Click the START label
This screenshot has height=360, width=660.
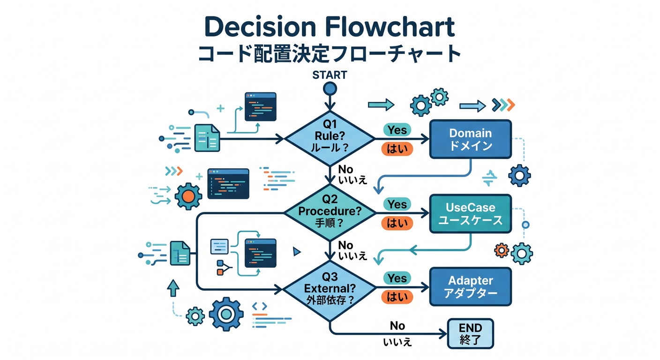tap(330, 75)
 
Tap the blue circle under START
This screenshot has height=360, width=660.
tap(330, 89)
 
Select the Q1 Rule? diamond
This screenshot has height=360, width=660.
tap(330, 138)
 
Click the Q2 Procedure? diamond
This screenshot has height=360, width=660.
tap(330, 213)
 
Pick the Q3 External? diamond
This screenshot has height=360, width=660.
tap(330, 290)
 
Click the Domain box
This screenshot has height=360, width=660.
tap(471, 139)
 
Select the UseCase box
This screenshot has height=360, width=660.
tap(471, 214)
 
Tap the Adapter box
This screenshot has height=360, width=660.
tap(471, 287)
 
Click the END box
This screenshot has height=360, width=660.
tap(470, 333)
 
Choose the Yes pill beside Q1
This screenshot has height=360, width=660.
tap(397, 130)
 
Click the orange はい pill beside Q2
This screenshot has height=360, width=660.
tap(397, 223)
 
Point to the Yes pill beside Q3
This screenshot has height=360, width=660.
tap(397, 278)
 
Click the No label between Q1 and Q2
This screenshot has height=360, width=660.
tap(345, 169)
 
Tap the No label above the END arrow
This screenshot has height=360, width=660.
tap(397, 326)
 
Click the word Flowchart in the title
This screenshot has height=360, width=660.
tap(390, 27)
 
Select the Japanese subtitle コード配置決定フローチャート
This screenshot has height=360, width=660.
tap(330, 54)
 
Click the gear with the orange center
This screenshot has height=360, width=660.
tap(188, 196)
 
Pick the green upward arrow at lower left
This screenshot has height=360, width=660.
tap(173, 288)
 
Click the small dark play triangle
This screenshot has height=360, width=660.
tap(297, 252)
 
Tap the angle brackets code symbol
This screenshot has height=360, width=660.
tap(260, 307)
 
